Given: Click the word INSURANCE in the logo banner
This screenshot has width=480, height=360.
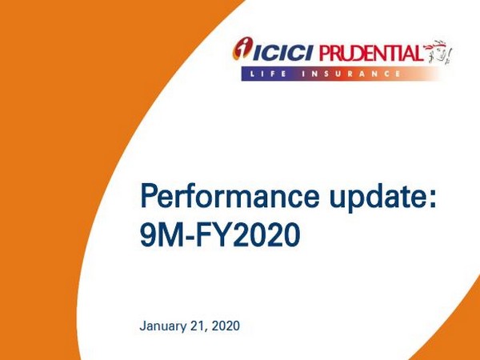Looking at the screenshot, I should pos(360,74).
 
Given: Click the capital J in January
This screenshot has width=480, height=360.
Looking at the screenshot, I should pos(142,326).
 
